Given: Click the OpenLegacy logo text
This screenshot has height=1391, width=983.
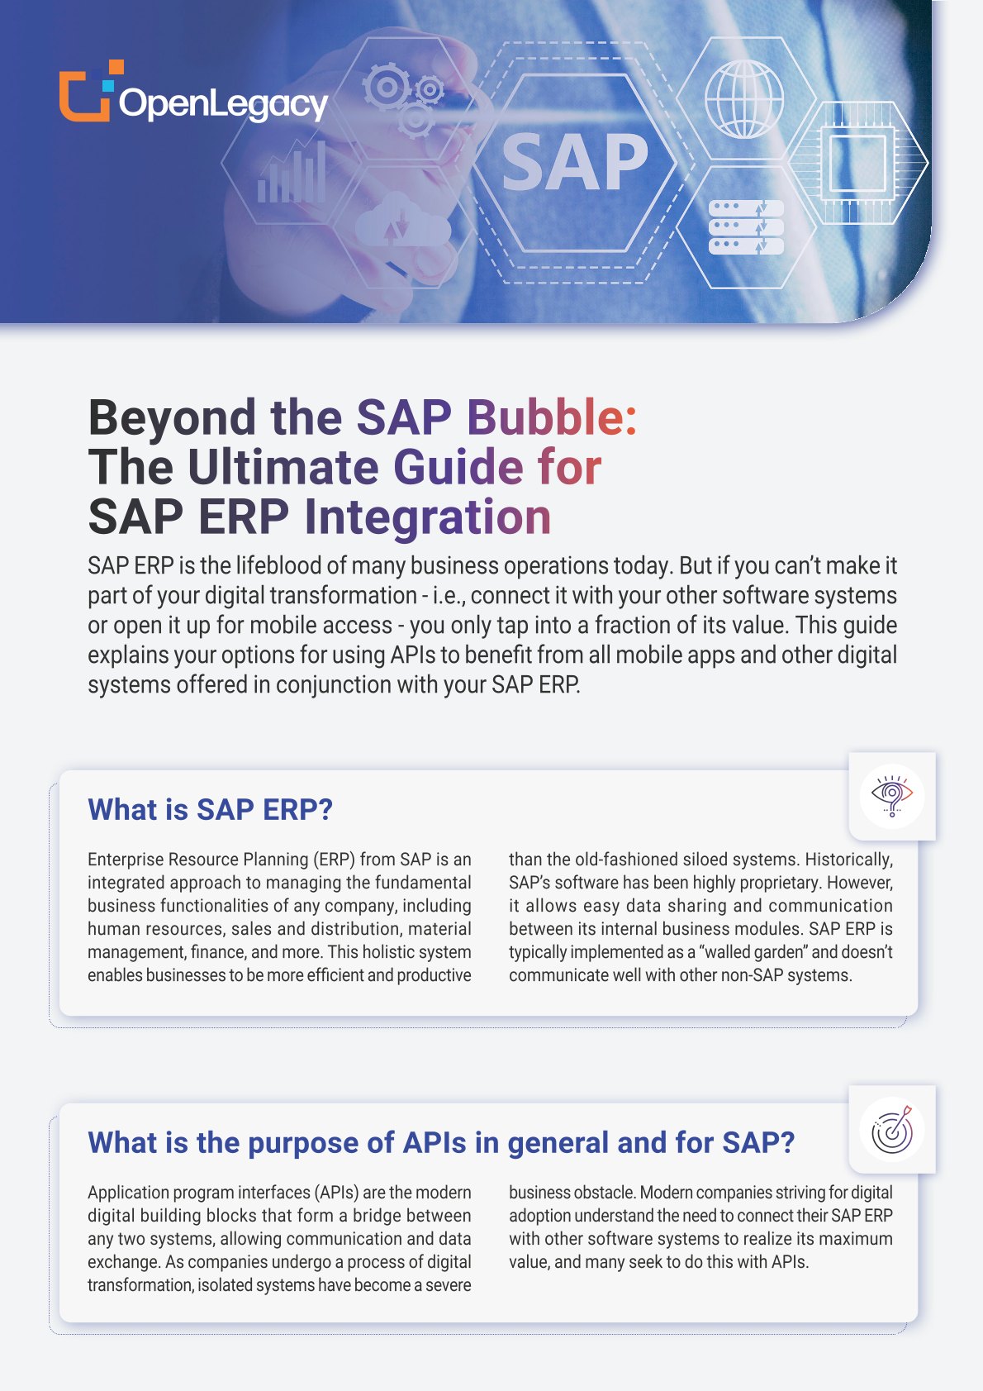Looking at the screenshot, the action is click(x=223, y=104).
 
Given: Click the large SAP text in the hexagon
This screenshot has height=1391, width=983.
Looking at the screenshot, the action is click(x=575, y=163).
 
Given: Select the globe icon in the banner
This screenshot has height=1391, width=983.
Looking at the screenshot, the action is click(x=743, y=98).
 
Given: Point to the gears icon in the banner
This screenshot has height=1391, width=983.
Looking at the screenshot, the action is click(x=403, y=99).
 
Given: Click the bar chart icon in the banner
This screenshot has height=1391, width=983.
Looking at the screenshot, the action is click(x=291, y=173).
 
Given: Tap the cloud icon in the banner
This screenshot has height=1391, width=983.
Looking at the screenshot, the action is click(x=402, y=219).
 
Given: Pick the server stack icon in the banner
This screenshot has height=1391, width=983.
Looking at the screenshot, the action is click(x=746, y=226).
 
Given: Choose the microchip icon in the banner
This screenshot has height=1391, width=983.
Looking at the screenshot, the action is click(x=857, y=163).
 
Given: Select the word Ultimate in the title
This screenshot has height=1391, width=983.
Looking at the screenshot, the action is click(x=283, y=467).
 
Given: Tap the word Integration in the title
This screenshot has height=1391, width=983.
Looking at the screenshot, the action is click(x=428, y=517).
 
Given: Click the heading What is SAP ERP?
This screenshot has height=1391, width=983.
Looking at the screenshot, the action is click(x=211, y=809).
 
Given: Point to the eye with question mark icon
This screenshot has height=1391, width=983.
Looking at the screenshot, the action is click(x=892, y=796).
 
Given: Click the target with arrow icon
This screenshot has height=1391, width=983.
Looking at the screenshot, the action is click(x=892, y=1129).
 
